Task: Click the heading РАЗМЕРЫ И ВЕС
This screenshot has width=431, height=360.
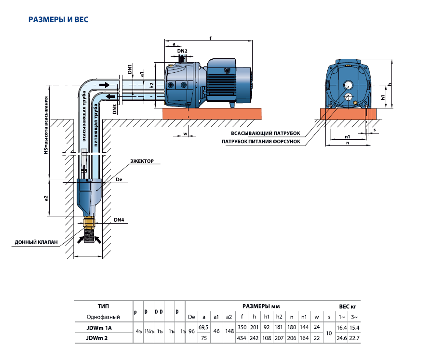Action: tap(58, 20)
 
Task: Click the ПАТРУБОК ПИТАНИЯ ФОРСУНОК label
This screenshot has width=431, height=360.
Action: tap(261, 141)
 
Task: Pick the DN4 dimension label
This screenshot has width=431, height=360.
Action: tap(119, 221)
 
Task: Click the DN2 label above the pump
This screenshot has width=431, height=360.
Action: tap(182, 51)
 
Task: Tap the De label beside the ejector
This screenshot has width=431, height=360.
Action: tap(120, 179)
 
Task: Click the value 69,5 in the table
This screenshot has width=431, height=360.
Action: tap(204, 328)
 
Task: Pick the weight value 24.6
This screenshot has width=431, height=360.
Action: tap(342, 338)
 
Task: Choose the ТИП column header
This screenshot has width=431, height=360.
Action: tap(103, 306)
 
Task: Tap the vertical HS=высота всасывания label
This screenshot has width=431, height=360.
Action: tap(46, 125)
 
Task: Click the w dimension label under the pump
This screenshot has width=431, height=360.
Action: tap(185, 132)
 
